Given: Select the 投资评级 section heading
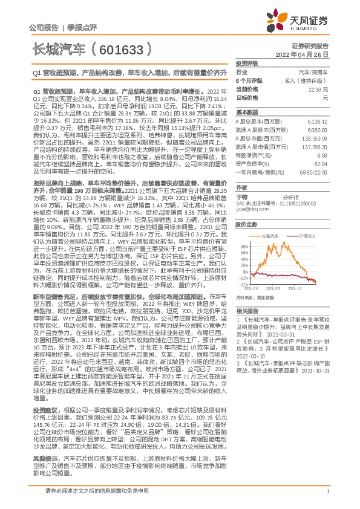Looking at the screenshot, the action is click(247, 63).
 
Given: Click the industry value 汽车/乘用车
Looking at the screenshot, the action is click(315, 72).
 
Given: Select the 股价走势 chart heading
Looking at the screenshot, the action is click(247, 224).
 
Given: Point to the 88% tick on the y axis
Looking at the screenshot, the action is click(244, 247).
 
